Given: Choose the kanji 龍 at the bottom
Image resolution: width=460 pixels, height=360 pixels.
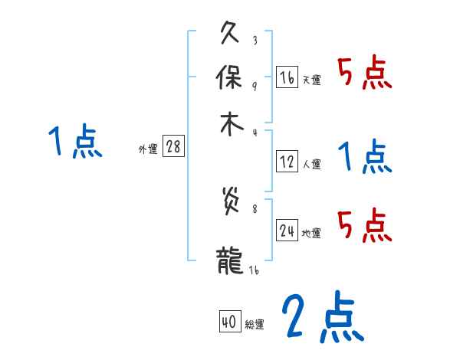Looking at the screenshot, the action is [231, 257].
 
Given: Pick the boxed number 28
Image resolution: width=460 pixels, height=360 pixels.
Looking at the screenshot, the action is [173, 147].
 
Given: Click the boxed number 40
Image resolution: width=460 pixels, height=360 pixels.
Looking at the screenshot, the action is [229, 322].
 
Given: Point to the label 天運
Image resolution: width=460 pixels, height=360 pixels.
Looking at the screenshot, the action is [311, 80].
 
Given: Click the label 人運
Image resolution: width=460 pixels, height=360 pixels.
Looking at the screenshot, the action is [311, 164].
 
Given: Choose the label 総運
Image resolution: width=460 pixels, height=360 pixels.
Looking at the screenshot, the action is [254, 325].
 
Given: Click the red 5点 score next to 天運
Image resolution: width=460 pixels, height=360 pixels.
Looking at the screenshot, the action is [365, 74].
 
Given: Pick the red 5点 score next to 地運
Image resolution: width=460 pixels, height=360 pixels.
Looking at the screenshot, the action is [365, 224].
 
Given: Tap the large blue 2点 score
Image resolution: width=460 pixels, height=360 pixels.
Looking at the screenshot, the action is [322, 317].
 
